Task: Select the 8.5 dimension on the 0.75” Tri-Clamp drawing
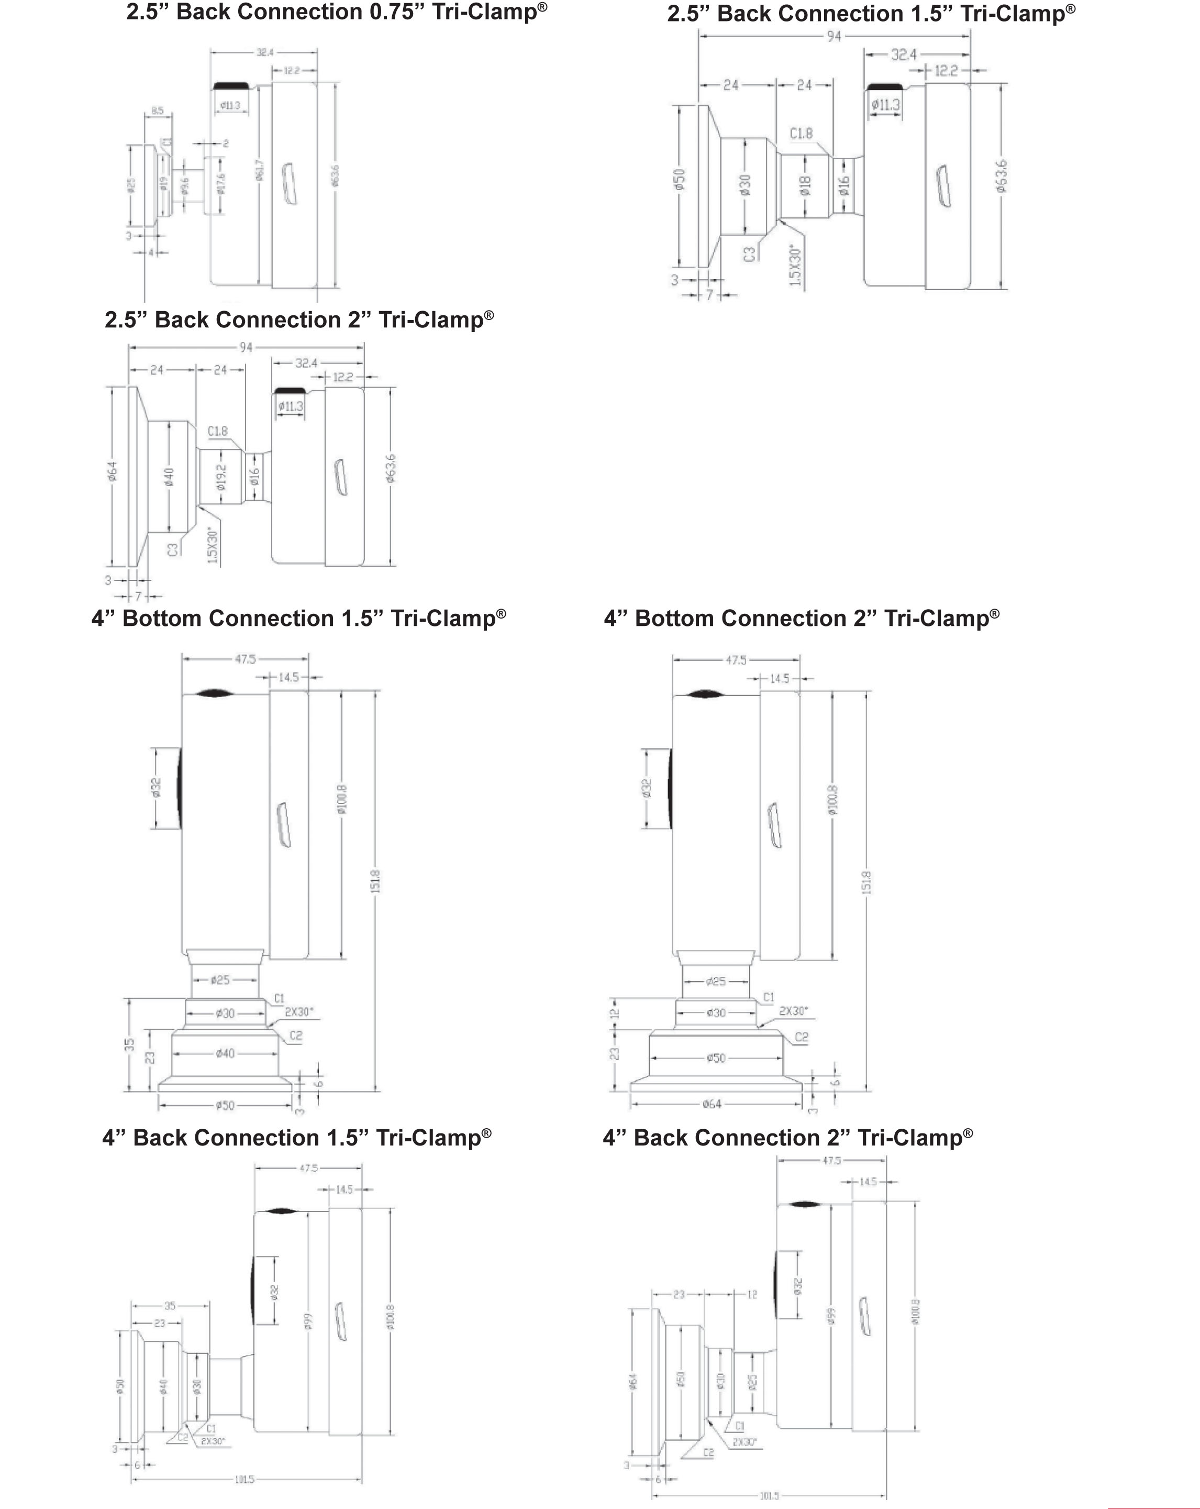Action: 158,111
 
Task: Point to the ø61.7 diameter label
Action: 260,170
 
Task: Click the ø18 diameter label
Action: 805,185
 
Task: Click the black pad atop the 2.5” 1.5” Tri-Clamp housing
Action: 884,86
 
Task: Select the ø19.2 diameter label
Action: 221,477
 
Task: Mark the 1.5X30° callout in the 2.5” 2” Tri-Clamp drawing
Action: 213,545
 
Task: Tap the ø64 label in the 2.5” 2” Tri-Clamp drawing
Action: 113,471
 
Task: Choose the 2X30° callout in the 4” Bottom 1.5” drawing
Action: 299,1011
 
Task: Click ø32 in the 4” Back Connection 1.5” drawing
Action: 274,1290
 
